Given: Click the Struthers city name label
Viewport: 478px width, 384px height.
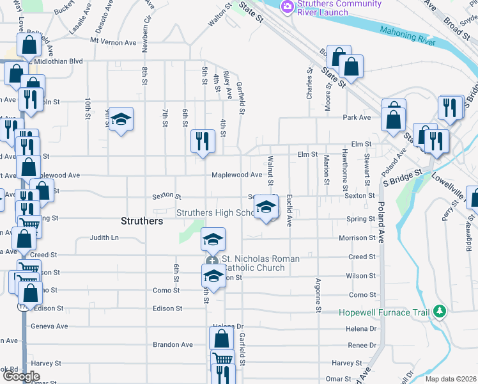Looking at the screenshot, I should [142, 221].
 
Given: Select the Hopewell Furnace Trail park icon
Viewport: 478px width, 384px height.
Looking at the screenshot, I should [439, 312].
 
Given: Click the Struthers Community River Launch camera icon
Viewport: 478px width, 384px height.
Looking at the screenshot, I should [287, 6].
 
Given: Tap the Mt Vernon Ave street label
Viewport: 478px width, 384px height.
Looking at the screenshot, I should [113, 42].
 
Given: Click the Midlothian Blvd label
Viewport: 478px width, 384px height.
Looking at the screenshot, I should [60, 61].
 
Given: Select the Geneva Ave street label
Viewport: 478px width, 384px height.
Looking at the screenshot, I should [49, 326].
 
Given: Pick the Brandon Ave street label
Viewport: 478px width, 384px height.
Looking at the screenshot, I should [173, 344].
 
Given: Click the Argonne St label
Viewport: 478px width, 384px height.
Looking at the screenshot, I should [318, 295].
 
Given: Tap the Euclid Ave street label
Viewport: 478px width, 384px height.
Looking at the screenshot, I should [289, 211].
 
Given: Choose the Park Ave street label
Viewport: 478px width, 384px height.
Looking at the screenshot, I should [357, 118].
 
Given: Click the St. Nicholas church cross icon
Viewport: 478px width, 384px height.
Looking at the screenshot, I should [212, 261].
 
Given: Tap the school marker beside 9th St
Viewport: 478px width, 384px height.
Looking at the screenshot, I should [120, 119].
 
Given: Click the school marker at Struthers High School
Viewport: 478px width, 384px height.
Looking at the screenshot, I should [266, 207].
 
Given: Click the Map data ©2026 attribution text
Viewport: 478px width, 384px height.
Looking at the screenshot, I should [450, 379].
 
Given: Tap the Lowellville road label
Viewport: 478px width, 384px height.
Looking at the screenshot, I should [454, 182].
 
